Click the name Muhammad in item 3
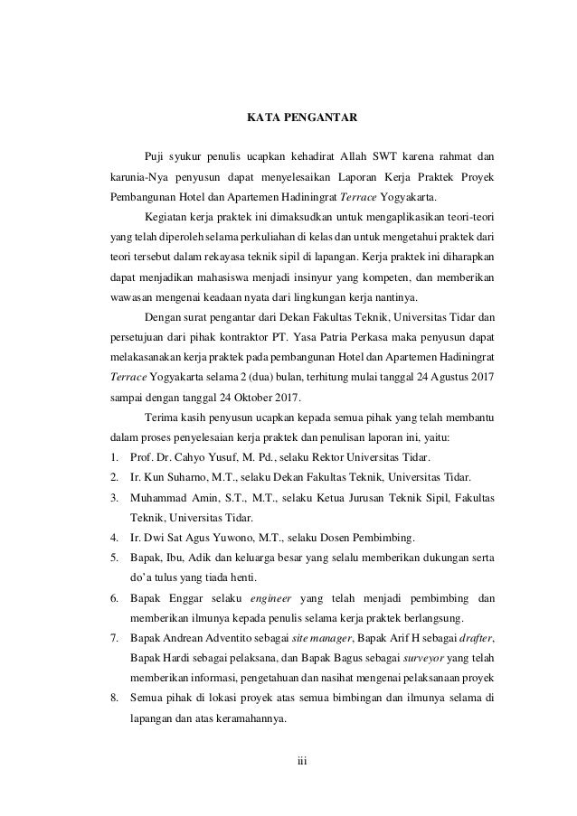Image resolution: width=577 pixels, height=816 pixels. [x=161, y=498]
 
